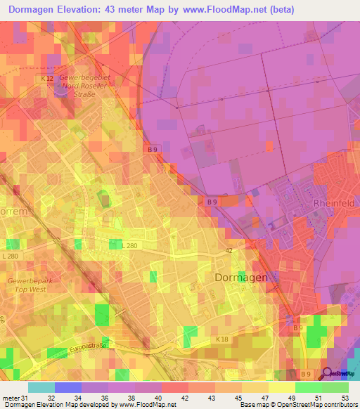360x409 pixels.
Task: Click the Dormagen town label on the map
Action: (240, 278)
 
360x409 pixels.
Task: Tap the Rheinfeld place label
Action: (333, 204)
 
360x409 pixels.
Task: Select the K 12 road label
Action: (47, 79)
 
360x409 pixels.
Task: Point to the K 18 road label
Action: (222, 340)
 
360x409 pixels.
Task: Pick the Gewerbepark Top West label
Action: (26, 284)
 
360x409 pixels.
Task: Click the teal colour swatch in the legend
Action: (41, 387)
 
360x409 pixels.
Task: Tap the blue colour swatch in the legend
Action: (67, 387)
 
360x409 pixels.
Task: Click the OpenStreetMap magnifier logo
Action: (328, 373)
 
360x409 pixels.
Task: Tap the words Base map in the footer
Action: (254, 405)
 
